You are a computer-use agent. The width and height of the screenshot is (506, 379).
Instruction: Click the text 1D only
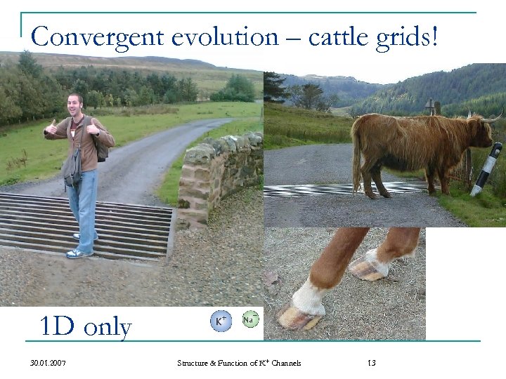[86, 326]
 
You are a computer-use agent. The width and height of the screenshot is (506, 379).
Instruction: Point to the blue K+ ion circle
[221, 321]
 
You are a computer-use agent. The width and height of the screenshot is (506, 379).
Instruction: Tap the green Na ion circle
[249, 320]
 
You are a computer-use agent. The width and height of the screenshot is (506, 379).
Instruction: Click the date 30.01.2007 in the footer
[50, 363]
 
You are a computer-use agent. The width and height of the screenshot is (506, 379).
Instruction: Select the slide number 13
[372, 363]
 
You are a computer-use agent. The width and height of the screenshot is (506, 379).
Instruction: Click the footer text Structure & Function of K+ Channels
[239, 363]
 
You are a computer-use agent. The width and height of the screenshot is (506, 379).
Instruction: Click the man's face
[76, 106]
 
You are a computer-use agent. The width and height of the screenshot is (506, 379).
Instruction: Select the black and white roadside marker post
[486, 168]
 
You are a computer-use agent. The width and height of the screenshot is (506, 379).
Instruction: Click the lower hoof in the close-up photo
[299, 317]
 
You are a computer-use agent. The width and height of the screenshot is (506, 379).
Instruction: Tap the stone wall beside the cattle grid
[218, 179]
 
